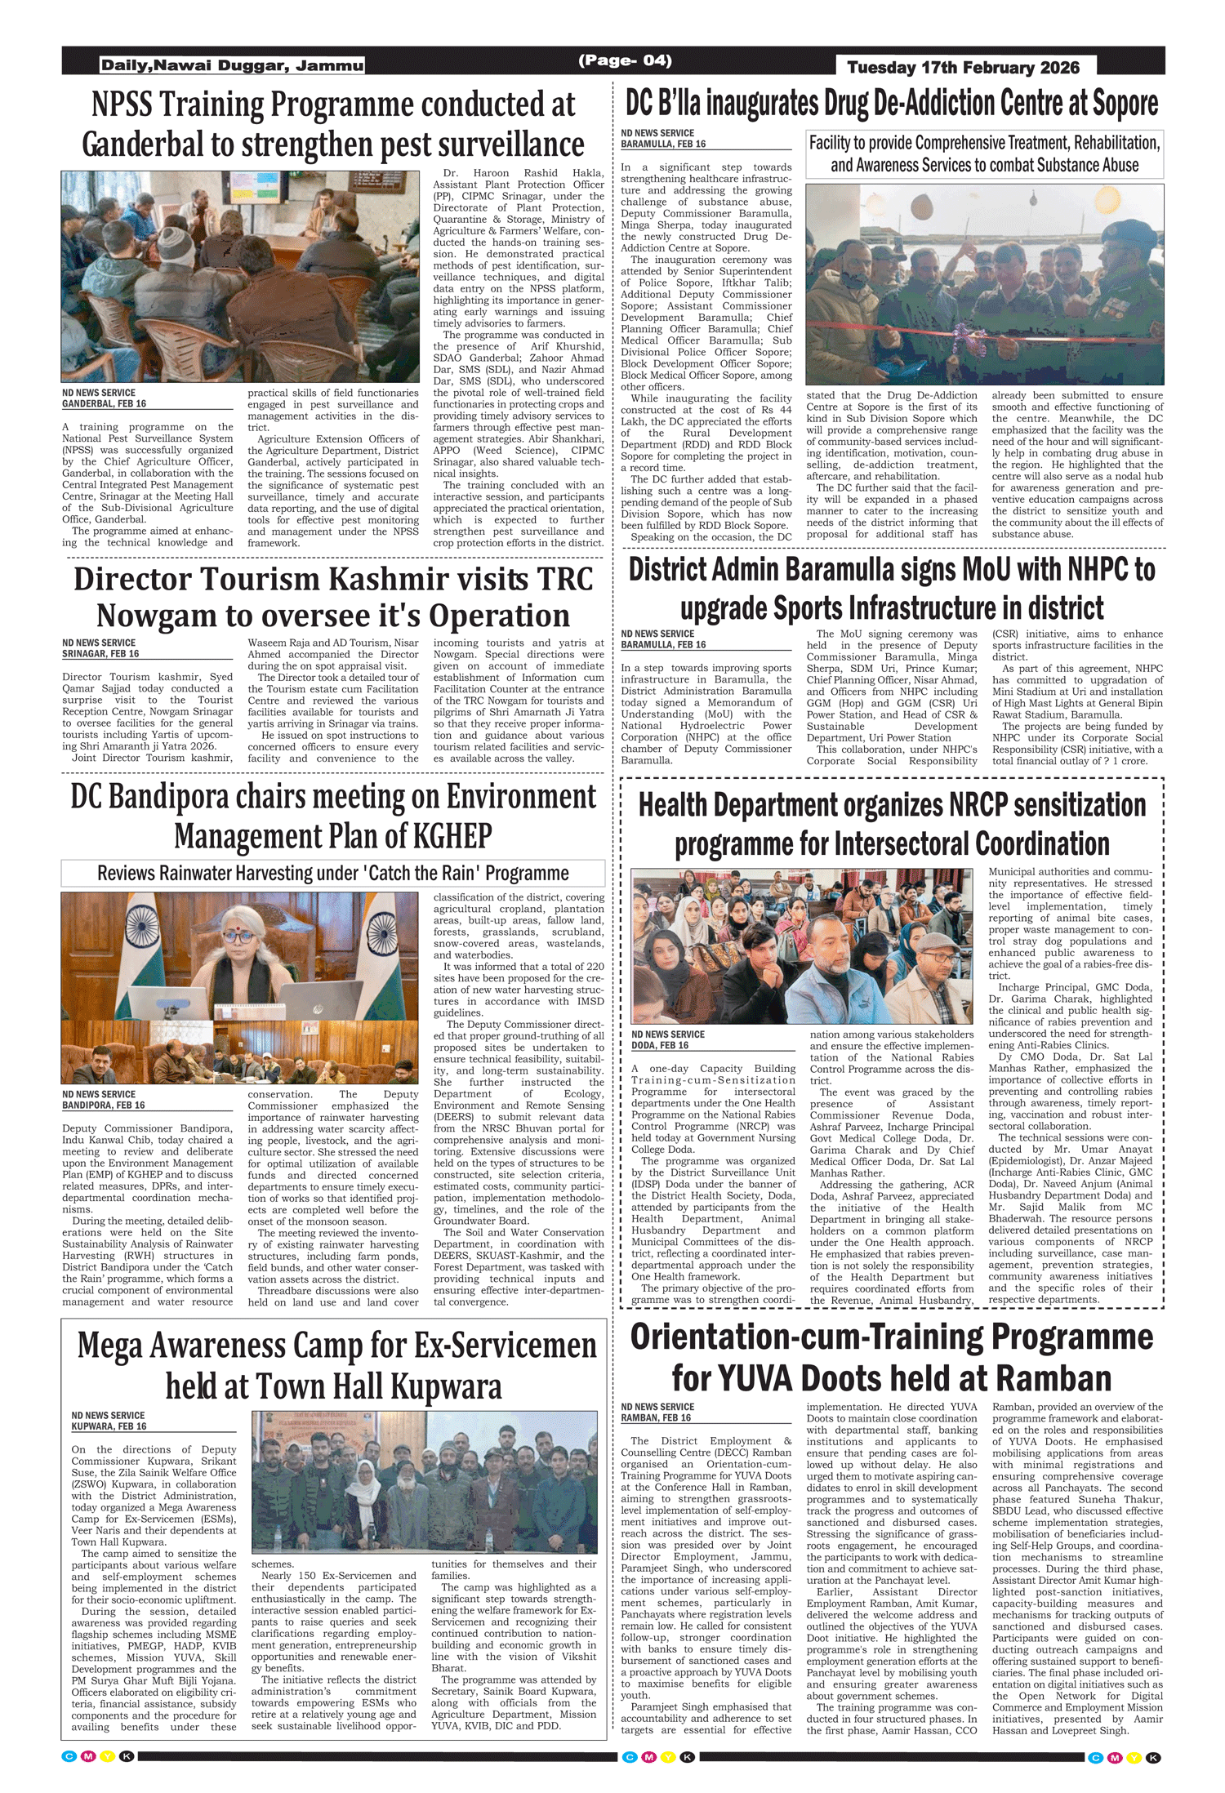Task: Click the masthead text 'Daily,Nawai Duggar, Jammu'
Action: coord(232,65)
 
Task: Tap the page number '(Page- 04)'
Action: coord(625,60)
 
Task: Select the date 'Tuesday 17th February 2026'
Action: coord(963,68)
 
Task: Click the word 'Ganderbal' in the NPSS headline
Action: coord(142,145)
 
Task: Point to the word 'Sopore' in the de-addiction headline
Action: coord(1125,104)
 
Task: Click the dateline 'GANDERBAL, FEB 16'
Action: coord(104,404)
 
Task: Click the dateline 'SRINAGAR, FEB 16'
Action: coord(100,654)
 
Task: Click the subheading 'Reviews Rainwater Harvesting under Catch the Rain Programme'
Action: coord(332,873)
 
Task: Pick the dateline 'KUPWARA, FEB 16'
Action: coord(109,1426)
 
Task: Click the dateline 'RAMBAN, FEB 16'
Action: coord(656,1417)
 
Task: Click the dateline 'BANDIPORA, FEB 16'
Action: coord(104,1106)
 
